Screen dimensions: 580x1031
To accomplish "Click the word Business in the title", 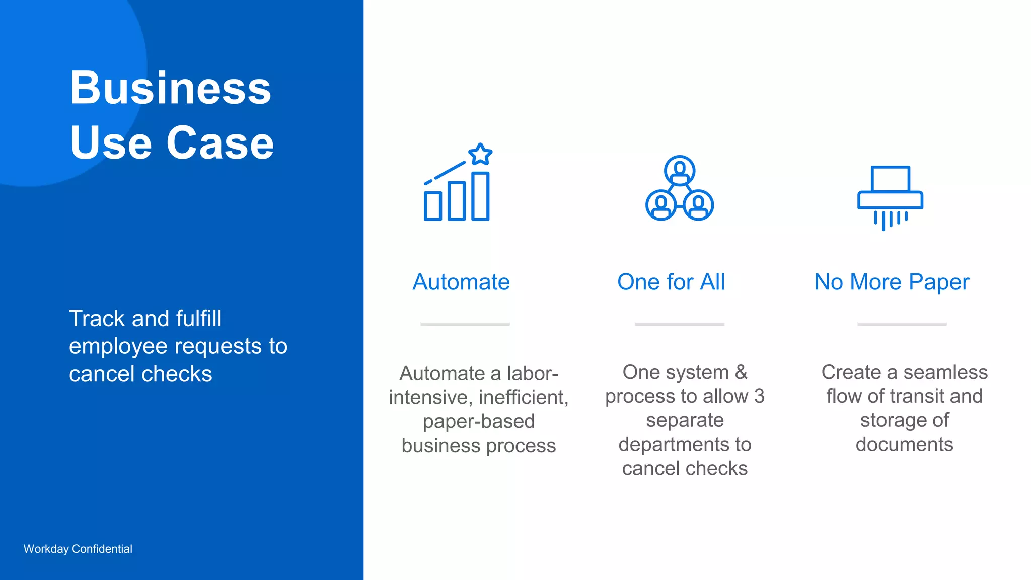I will coord(170,88).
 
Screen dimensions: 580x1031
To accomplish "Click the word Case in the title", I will coord(220,143).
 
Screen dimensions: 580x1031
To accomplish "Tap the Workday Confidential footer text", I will coord(78,549).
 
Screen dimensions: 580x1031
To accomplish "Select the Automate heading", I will coord(461,282).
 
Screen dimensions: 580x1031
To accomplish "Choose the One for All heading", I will coord(671,282).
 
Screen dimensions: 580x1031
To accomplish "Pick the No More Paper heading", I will coord(892,282).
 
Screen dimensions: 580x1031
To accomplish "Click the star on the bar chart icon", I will coord(480,154).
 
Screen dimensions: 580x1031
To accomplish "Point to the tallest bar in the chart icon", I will coord(480,196).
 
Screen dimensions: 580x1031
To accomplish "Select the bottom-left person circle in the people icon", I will coord(661,205).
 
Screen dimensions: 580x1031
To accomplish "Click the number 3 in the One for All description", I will coord(759,396).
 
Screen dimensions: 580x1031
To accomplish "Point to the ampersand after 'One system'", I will coord(741,372).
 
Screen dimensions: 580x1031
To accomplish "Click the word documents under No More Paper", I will coord(904,445).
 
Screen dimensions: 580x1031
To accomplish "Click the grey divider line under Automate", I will coord(465,324).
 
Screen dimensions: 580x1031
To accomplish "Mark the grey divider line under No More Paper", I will coord(902,324).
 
